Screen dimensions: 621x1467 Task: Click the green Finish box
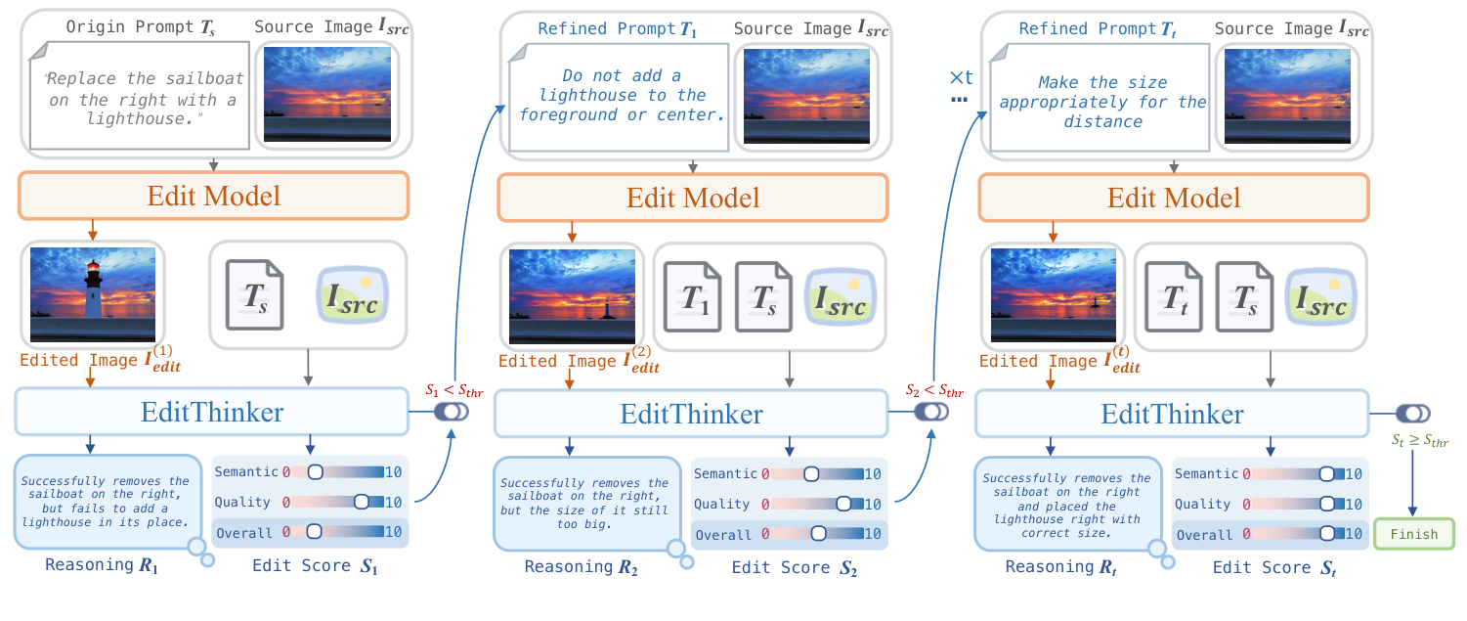pos(1413,534)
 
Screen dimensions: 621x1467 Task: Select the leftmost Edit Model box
pos(214,197)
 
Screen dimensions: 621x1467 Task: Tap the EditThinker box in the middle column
pos(692,414)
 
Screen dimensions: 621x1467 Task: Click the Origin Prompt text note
pos(135,98)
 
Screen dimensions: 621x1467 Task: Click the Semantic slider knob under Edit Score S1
pos(315,472)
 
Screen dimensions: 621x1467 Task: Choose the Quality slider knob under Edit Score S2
pos(843,505)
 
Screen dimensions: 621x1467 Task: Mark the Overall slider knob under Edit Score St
pos(1326,535)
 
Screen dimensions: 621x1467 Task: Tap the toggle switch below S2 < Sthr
pos(930,413)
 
